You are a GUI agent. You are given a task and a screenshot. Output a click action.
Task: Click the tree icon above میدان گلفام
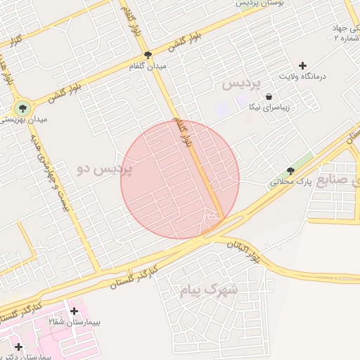148,55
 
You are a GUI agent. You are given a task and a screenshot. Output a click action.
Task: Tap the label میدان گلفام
148,66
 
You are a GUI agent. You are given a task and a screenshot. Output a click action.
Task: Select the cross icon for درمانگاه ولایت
303,65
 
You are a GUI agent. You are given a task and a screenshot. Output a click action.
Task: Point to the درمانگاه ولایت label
304,76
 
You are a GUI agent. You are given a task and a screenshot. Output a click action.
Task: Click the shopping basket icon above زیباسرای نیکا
269,97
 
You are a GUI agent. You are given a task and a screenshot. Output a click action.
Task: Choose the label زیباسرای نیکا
269,108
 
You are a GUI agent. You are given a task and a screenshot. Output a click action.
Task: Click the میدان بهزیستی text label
24,120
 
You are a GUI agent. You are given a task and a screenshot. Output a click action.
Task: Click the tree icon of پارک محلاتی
290,171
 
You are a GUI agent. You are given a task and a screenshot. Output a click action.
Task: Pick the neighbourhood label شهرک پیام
215,289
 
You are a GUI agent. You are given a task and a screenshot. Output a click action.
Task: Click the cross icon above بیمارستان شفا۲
74,310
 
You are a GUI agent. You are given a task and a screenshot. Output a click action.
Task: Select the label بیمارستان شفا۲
73,321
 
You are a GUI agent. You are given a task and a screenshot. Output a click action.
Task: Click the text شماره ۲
349,39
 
